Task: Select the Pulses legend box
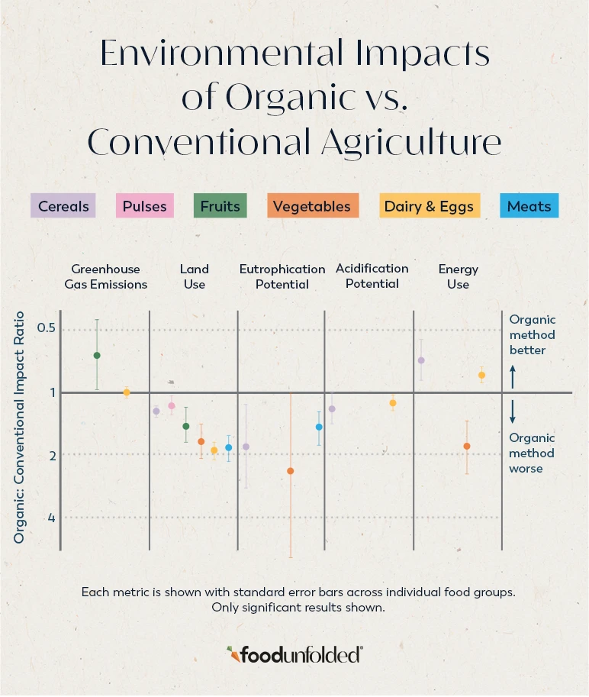pyautogui.click(x=145, y=206)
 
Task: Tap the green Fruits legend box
pyautogui.click(x=220, y=206)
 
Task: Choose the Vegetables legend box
pyautogui.click(x=312, y=206)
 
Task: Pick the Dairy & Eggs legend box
pyautogui.click(x=430, y=206)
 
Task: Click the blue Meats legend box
pyautogui.click(x=529, y=206)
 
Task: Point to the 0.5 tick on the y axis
pyautogui.click(x=47, y=328)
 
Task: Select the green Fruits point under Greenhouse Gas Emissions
pyautogui.click(x=97, y=355)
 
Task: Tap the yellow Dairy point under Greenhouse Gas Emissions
pyautogui.click(x=127, y=392)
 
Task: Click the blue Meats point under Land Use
pyautogui.click(x=228, y=447)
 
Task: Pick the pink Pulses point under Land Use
pyautogui.click(x=172, y=406)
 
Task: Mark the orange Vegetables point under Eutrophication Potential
pyautogui.click(x=290, y=471)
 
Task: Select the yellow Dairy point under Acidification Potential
pyautogui.click(x=393, y=403)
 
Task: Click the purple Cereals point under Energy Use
pyautogui.click(x=421, y=360)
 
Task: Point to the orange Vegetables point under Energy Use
pyautogui.click(x=466, y=446)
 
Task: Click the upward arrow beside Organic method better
pyautogui.click(x=513, y=376)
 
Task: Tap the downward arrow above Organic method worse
pyautogui.click(x=513, y=412)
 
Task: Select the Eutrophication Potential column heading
pyautogui.click(x=282, y=276)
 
